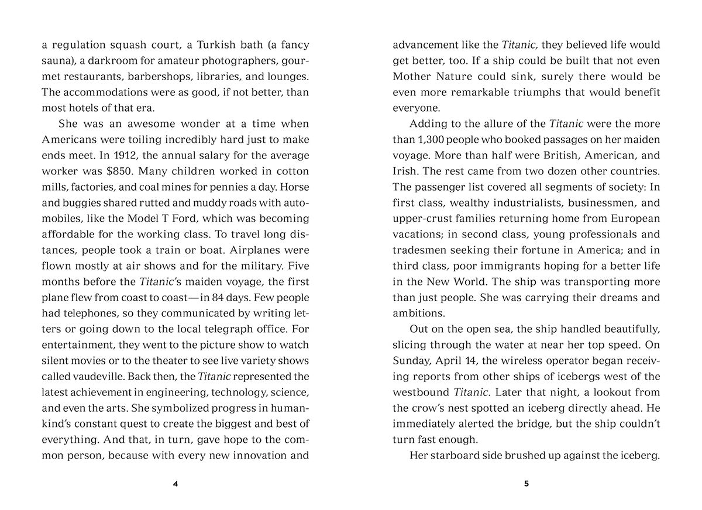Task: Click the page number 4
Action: [175, 484]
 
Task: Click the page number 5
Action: [526, 484]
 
